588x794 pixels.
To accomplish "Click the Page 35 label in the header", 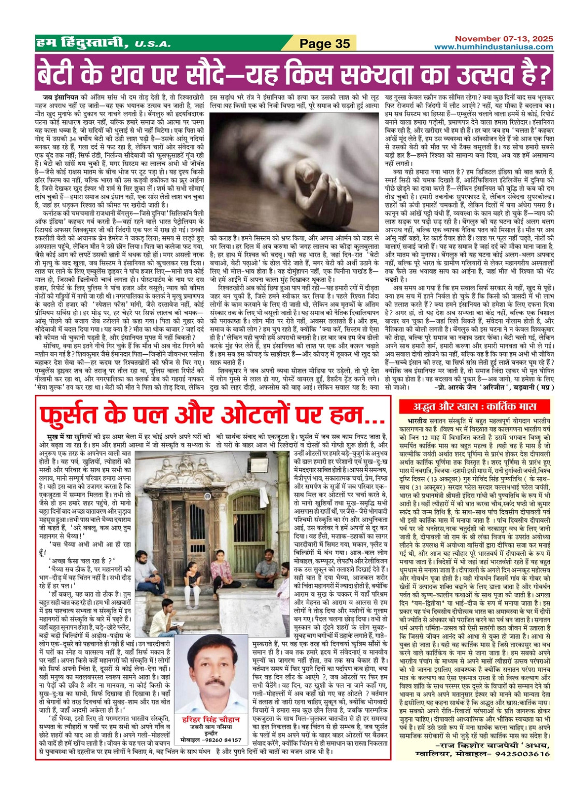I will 325,44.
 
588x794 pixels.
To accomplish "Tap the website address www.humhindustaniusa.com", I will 493,47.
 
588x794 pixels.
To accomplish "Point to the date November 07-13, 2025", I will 504,39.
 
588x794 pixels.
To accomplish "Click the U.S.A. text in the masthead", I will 152,45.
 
